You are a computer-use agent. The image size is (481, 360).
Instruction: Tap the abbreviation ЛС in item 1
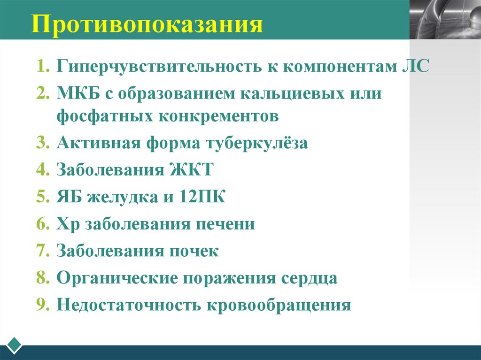point(416,66)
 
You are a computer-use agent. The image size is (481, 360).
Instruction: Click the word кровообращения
point(278,305)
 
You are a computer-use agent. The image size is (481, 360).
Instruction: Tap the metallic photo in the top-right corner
point(445,19)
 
